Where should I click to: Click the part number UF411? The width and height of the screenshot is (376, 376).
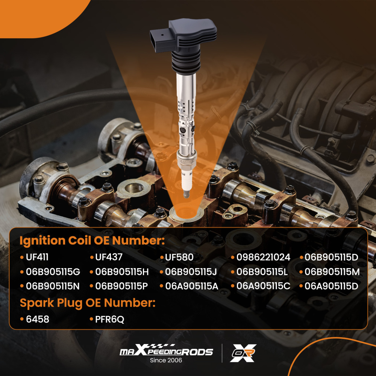click(x=37, y=258)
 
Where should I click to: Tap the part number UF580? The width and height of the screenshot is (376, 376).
click(x=179, y=258)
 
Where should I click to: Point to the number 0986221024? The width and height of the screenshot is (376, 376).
click(x=263, y=258)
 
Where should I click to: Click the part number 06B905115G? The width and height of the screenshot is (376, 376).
click(x=53, y=272)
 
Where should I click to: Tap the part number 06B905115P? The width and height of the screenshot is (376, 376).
click(x=121, y=286)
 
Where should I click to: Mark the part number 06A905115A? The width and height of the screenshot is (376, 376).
click(x=192, y=286)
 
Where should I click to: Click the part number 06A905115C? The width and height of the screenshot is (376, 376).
click(x=263, y=286)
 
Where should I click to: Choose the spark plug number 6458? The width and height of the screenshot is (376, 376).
click(x=38, y=319)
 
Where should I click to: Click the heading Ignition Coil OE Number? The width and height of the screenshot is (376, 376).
click(x=92, y=241)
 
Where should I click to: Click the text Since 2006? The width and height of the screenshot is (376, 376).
click(x=166, y=361)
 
